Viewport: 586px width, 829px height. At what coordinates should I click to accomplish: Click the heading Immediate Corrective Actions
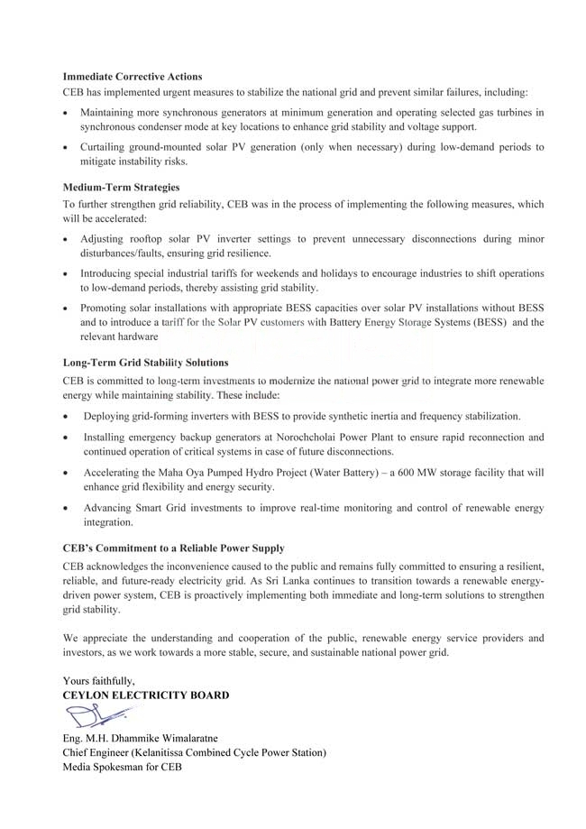(x=133, y=77)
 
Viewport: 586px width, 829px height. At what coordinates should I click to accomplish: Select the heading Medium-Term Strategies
(x=121, y=188)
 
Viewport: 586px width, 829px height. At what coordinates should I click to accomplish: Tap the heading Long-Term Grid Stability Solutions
(x=145, y=363)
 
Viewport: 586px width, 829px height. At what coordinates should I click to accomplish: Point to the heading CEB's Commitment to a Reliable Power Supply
(x=173, y=548)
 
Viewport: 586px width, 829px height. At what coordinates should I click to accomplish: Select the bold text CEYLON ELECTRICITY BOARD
(x=145, y=695)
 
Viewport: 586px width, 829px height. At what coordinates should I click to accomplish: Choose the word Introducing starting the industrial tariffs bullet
(x=112, y=272)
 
